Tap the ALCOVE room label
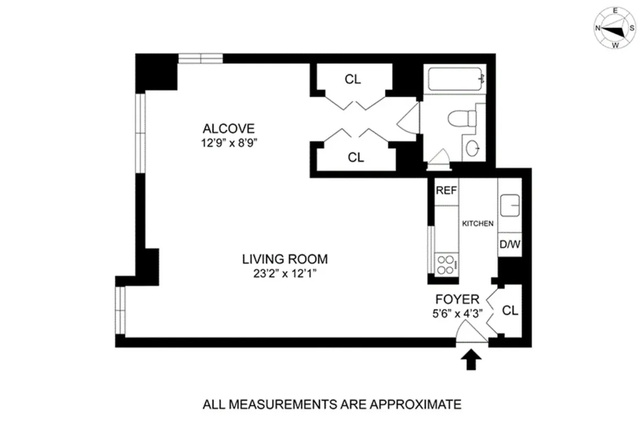(229, 129)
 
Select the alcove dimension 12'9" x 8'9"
(229, 143)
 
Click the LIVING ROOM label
(285, 258)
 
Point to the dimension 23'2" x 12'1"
(285, 273)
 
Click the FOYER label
(457, 300)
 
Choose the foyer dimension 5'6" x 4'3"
(457, 315)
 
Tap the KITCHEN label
(477, 224)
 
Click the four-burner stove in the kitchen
(446, 265)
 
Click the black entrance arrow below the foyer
(471, 361)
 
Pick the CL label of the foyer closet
(510, 311)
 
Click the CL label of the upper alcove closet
(353, 79)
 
